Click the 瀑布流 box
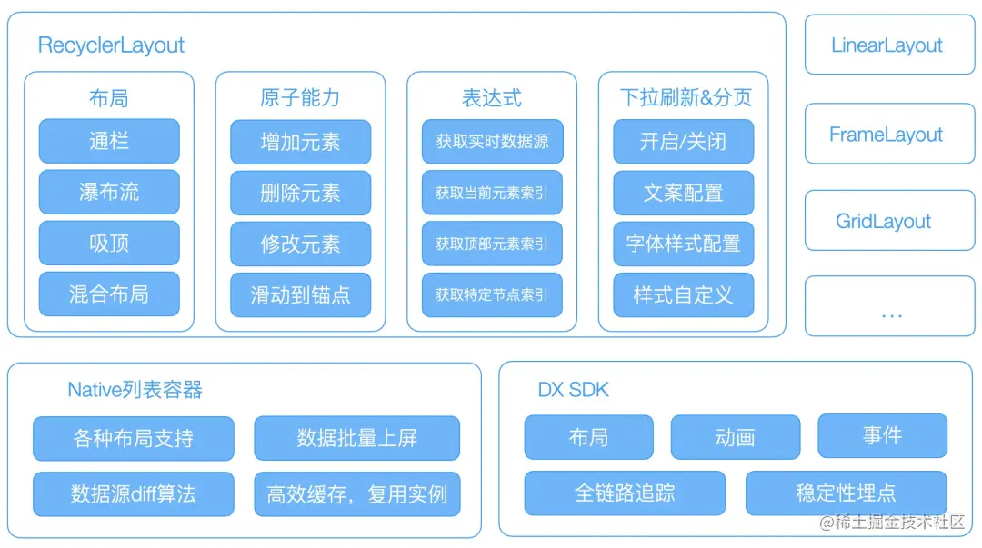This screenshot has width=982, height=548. pos(109,192)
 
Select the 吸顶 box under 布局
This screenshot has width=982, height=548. pos(109,244)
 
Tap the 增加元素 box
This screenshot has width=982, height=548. pos(300,142)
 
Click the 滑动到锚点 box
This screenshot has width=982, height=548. pos(300,294)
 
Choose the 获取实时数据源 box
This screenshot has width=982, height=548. pos(492,142)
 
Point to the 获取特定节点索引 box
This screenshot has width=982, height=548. pos(492,294)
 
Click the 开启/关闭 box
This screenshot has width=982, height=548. pos(683,142)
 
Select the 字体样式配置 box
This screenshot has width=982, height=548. pos(683,244)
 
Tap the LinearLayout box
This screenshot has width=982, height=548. pos(887,45)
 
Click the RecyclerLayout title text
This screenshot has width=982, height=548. pos(111,45)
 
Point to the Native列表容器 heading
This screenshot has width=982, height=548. pos(135,390)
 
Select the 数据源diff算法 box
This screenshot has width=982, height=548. pos(134,494)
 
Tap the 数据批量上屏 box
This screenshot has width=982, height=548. pos(356,438)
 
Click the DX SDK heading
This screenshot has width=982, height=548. pos(573,390)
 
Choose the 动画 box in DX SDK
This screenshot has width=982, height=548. pos(735,437)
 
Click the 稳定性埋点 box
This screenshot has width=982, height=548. pos(846,493)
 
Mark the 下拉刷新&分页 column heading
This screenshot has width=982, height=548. pos(686,97)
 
